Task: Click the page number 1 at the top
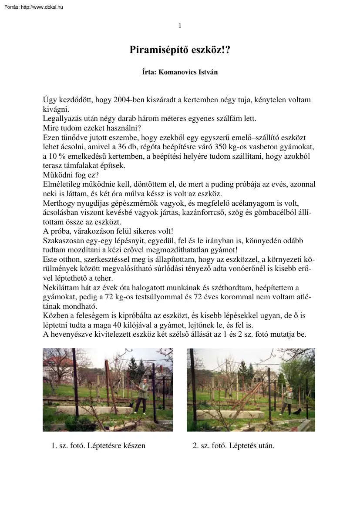pos(180,26)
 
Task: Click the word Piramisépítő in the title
pos(154,50)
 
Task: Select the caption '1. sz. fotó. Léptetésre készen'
pos(98,445)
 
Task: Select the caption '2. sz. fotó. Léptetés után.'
pos(233,445)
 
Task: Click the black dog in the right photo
pos(297,411)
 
